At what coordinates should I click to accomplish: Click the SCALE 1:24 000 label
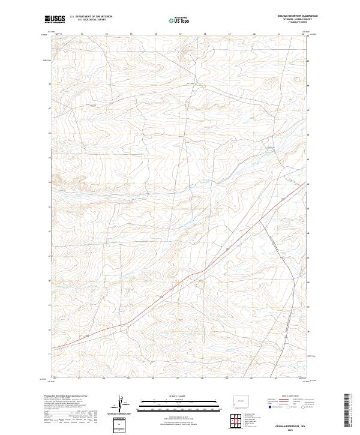173,396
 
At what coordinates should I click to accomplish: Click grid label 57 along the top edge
180,34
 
